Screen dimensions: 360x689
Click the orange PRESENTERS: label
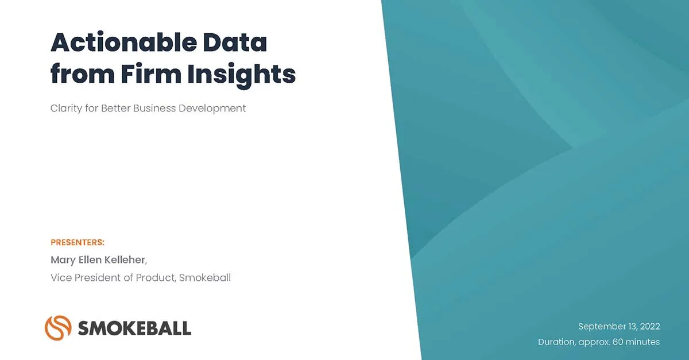pos(78,242)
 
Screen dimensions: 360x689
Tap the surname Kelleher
pos(124,260)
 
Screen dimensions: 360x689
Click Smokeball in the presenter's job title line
pos(205,278)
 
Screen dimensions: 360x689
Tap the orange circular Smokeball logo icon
pos(57,327)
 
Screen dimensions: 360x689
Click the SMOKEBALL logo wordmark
pos(134,328)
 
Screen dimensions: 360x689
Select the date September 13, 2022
pos(619,327)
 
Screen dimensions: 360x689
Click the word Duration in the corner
pos(556,342)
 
